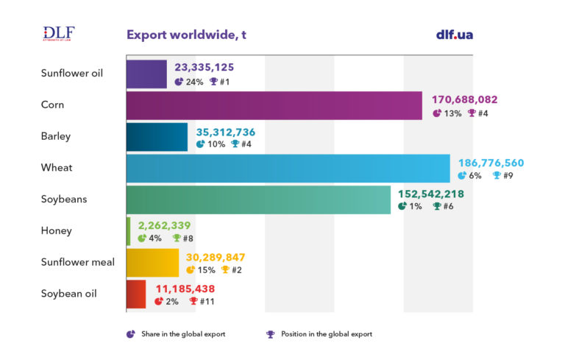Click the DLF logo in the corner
coord(59,34)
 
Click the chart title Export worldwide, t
coord(186,35)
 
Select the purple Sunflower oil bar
coord(146,74)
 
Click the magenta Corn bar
coord(274,105)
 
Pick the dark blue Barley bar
coord(157,136)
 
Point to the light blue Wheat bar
coord(288,168)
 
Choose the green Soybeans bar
coord(258,200)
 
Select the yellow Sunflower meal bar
coord(152,262)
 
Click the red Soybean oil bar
coord(136,294)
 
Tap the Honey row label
coord(57,230)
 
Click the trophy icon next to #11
coord(193,301)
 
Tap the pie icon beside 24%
coord(179,82)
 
